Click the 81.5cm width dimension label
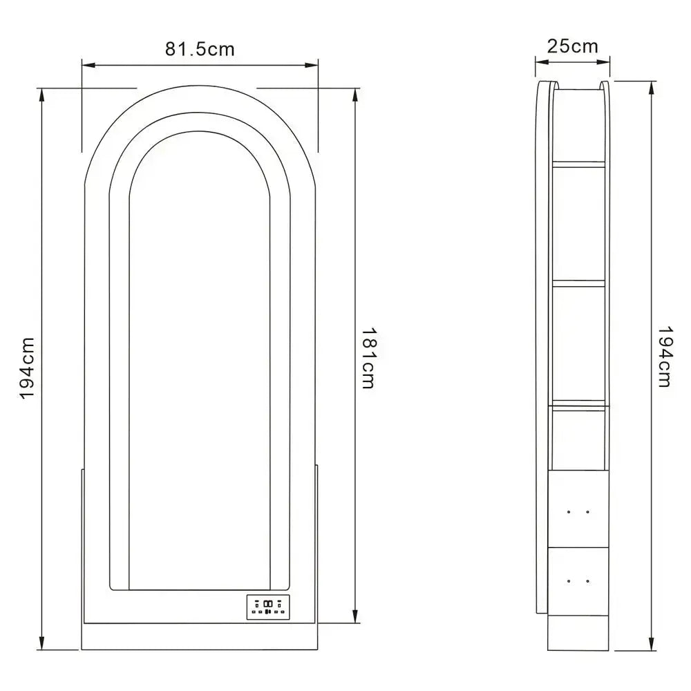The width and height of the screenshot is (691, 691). pos(200,49)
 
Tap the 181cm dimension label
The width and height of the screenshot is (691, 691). pos(368,358)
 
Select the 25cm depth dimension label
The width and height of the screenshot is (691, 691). pos(572,46)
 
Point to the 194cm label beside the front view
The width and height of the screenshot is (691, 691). pos(27,368)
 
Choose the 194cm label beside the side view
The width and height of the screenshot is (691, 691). pos(664,357)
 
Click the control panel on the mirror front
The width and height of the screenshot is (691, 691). pos(268,607)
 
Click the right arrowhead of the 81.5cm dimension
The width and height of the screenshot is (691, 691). pos(312,65)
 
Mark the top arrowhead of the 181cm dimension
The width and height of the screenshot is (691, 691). pos(355,94)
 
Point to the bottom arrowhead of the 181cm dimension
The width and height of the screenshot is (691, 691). pos(355,616)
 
